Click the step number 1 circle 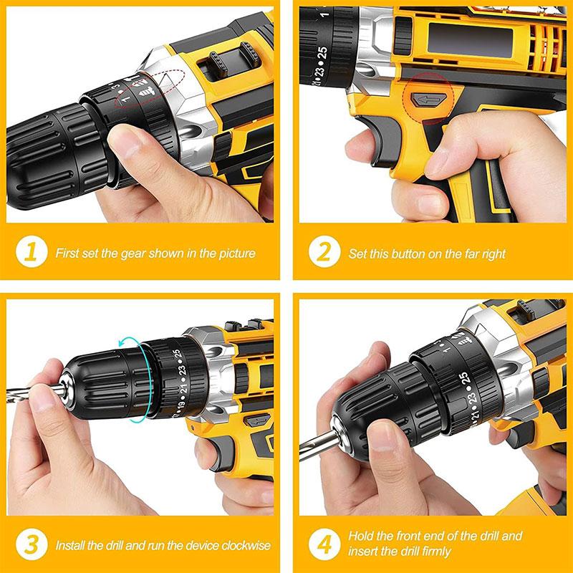[31, 252]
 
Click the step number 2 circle [324, 252]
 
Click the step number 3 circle [31, 545]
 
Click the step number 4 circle [324, 545]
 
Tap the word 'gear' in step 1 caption [127, 253]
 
